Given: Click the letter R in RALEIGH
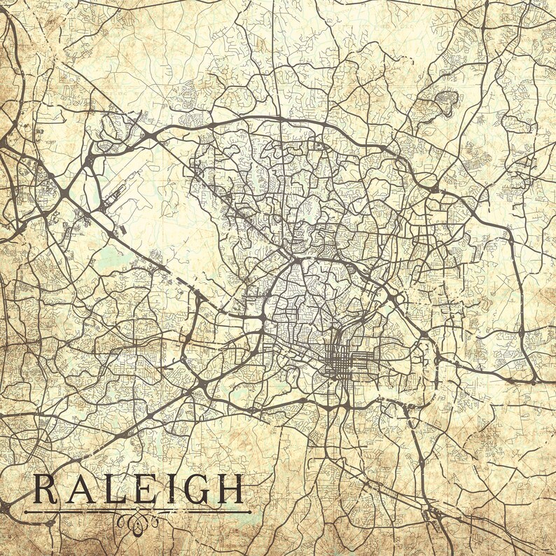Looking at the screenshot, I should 46,489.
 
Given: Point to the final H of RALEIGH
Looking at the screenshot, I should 229,489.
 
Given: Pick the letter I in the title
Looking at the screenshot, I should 169,489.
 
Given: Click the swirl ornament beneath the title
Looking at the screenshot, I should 138,520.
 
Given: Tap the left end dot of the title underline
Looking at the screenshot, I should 26,512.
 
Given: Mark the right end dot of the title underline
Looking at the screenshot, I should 249,512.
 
